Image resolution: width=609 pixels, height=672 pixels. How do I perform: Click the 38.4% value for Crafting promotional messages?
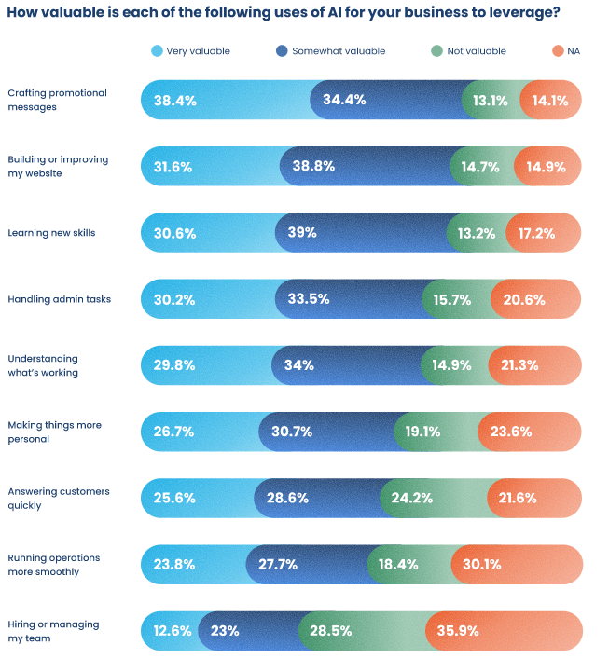tap(175, 101)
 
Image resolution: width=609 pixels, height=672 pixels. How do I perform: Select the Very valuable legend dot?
tap(156, 51)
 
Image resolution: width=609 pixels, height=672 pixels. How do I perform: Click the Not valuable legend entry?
tap(476, 51)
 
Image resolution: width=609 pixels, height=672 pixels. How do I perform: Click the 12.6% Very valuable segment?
tap(171, 631)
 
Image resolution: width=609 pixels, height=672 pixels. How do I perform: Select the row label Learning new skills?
tap(51, 233)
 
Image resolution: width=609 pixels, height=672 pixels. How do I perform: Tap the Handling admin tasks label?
tap(59, 299)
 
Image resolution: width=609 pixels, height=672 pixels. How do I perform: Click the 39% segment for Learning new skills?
tap(301, 233)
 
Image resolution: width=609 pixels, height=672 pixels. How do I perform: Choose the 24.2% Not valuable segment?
tap(411, 498)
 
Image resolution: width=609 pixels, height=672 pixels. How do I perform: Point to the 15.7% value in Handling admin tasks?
tap(450, 299)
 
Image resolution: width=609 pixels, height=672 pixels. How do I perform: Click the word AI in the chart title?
tap(337, 13)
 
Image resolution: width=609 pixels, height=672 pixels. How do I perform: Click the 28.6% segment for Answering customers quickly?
tap(287, 498)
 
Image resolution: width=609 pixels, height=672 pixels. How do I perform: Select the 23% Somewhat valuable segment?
tap(225, 631)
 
